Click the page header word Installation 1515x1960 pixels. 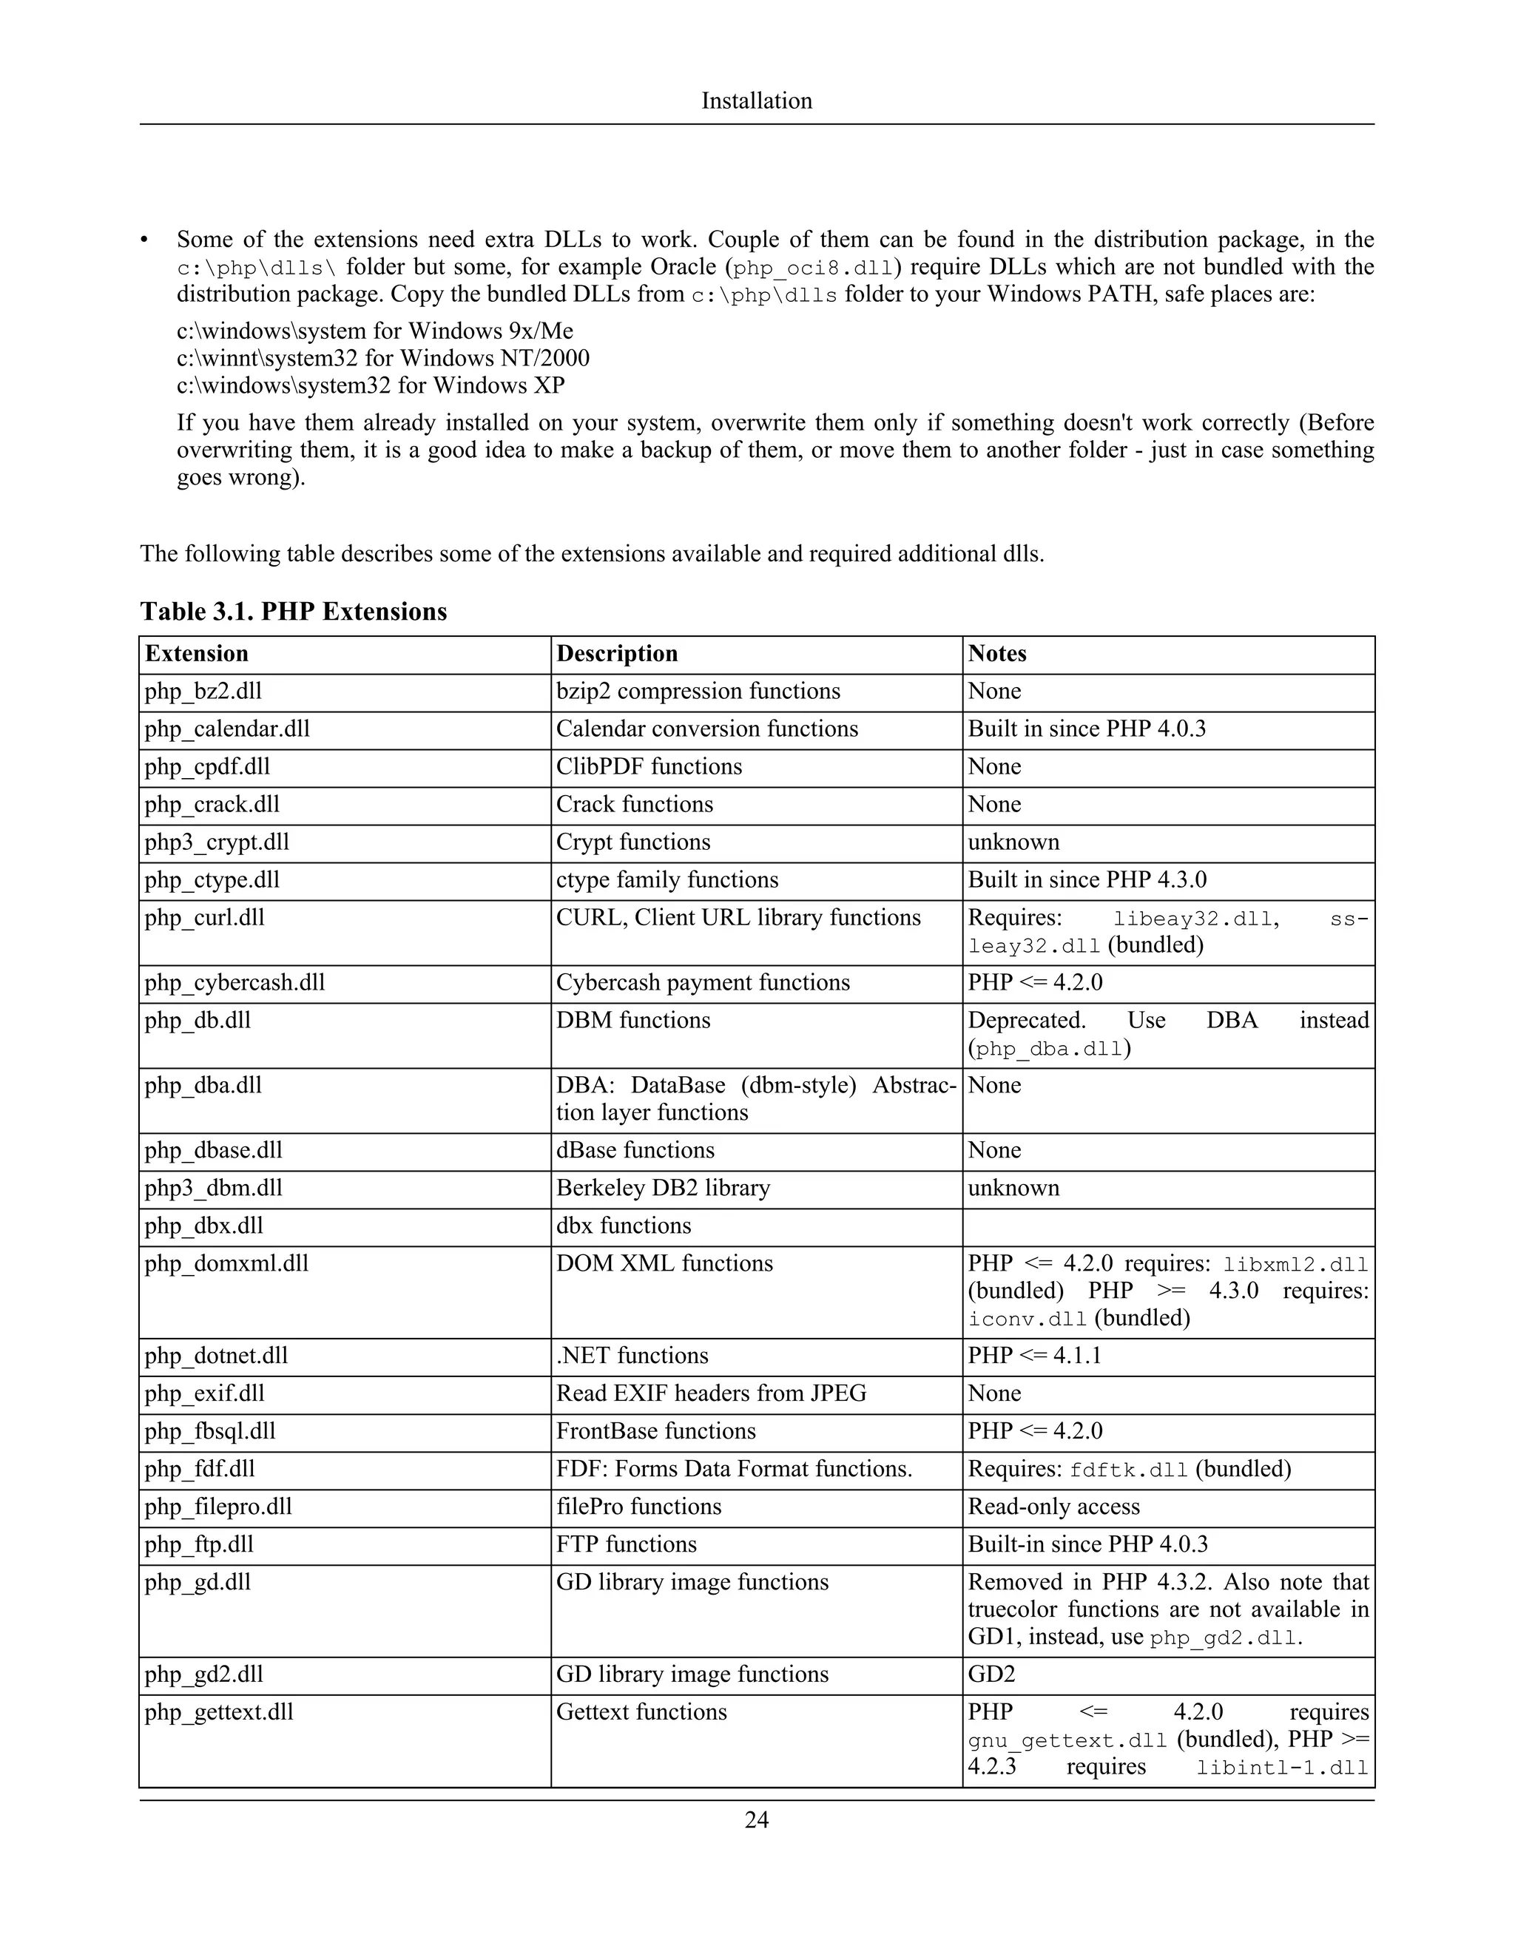click(757, 101)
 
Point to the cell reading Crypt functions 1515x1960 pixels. click(632, 842)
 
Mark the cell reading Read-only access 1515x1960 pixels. click(1053, 1506)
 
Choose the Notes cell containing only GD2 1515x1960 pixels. click(990, 1674)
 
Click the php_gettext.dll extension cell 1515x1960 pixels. click(219, 1711)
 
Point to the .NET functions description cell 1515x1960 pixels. click(632, 1355)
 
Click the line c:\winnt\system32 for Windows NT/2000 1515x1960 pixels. click(383, 358)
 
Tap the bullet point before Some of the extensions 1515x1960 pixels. click(144, 240)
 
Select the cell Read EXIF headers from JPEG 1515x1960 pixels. click(711, 1393)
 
